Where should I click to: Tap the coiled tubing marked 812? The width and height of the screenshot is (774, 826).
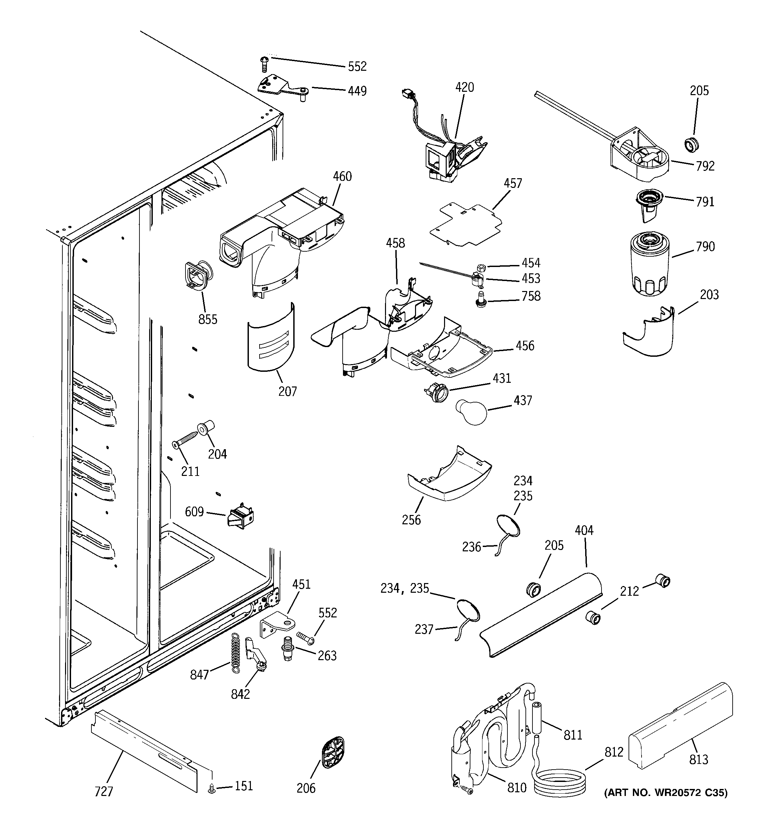[559, 784]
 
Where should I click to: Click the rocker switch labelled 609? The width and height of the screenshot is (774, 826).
[240, 516]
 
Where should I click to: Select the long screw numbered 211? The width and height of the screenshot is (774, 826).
[185, 439]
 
